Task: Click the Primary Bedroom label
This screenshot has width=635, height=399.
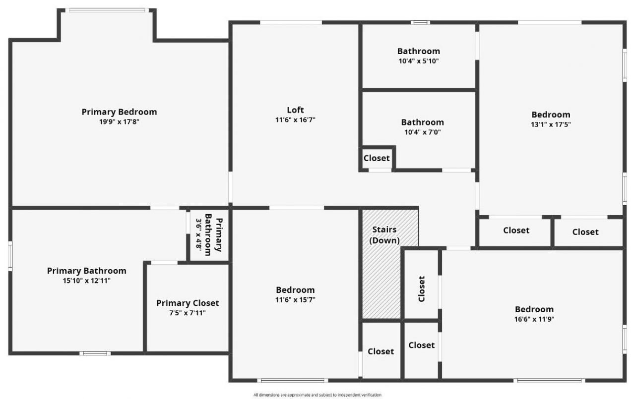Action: tap(119, 112)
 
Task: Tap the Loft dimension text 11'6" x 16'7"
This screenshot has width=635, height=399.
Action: tap(295, 119)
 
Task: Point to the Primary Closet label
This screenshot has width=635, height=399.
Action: tap(188, 303)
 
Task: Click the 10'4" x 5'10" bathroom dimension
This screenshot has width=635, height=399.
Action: tap(418, 61)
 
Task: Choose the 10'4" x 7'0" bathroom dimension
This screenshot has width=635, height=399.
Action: tap(422, 132)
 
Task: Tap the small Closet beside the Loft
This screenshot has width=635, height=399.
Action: tap(377, 159)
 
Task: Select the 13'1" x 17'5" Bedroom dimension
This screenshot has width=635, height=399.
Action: tap(551, 124)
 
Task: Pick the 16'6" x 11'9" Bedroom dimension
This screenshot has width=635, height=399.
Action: tap(534, 319)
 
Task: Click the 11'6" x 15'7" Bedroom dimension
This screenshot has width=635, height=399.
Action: tap(295, 299)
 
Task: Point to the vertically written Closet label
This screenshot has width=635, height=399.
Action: tap(422, 288)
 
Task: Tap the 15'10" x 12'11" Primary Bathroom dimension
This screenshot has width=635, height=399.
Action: tap(86, 281)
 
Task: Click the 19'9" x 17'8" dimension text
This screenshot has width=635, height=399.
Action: tap(119, 121)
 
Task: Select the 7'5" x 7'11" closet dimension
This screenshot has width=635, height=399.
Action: tap(188, 313)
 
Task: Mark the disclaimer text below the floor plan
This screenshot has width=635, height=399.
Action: tap(317, 395)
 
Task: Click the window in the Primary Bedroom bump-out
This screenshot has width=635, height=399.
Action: tap(107, 10)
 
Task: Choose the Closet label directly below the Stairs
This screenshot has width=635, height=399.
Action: tap(381, 351)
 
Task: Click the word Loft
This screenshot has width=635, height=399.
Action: tap(295, 110)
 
